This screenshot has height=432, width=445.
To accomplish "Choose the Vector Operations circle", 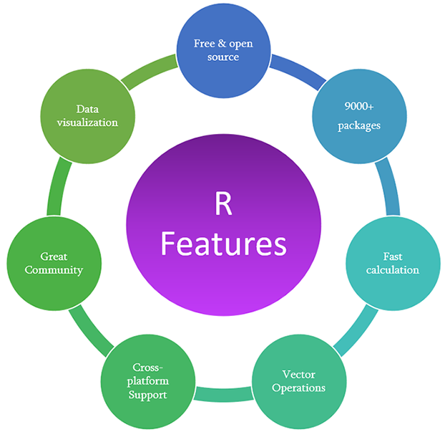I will [303, 381].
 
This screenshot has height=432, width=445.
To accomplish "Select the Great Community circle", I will [52, 264].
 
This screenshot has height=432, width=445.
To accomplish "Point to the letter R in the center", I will [222, 204].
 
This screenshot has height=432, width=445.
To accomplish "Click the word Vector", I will [303, 374].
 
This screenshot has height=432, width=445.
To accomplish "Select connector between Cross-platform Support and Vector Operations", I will [224, 393].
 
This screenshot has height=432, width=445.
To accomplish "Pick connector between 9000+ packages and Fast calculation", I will [386, 188].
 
